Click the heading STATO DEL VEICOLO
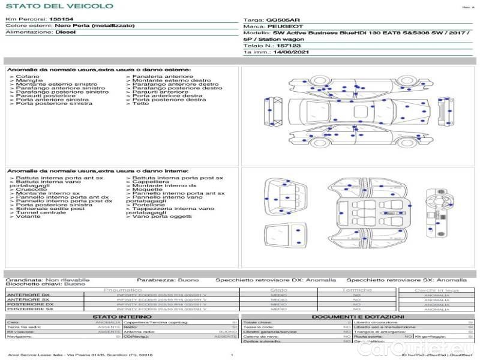click(x=59, y=6)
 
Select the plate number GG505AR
click(x=280, y=20)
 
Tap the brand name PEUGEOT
click(x=281, y=27)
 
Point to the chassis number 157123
click(x=289, y=46)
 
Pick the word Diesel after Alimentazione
click(x=65, y=32)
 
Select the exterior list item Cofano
click(x=28, y=77)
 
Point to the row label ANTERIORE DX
click(x=28, y=295)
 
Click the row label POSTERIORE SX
click(x=29, y=309)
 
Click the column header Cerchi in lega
click(x=437, y=290)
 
